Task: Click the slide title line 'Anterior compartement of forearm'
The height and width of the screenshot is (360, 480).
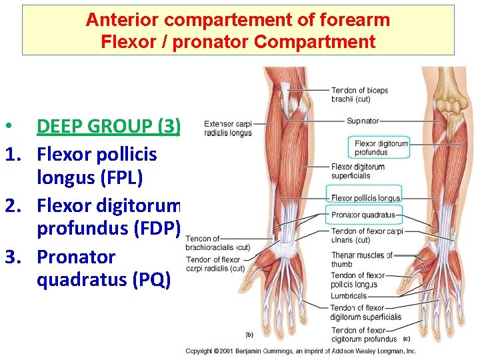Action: (x=238, y=20)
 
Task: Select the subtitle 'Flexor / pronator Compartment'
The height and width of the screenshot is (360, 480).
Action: (x=238, y=42)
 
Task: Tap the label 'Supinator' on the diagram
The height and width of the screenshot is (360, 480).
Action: (x=363, y=121)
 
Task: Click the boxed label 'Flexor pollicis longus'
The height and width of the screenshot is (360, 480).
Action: (x=365, y=198)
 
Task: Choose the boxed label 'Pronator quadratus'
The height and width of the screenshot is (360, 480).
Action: (x=363, y=215)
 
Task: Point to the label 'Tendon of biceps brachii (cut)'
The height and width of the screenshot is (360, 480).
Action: (x=359, y=95)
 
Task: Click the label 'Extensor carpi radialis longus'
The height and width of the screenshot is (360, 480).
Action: (x=227, y=128)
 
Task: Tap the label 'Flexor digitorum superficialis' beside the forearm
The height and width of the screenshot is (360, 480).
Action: (x=358, y=171)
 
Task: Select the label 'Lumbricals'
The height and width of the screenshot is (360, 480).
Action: (x=349, y=296)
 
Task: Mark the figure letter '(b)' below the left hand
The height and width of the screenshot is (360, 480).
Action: (x=249, y=334)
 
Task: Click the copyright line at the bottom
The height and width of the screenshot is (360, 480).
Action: (x=301, y=351)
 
